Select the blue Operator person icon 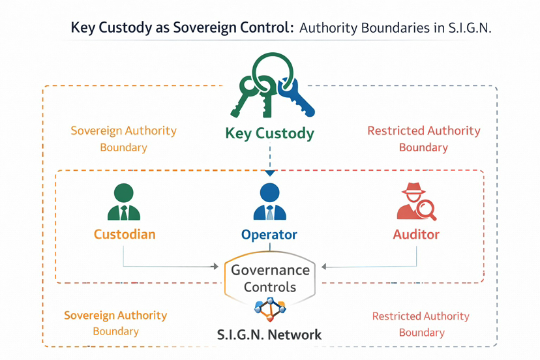coord(269,202)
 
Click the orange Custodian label coord(125,234)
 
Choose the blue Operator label coord(269,235)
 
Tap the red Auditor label coord(416,234)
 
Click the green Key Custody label coord(269,134)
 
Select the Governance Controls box coord(269,278)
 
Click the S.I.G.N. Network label coord(269,335)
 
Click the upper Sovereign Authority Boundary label coord(123,138)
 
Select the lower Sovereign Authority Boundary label coord(115,323)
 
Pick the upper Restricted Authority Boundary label coord(423,138)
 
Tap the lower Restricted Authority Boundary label coord(421,323)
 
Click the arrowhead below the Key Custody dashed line coord(269,173)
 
